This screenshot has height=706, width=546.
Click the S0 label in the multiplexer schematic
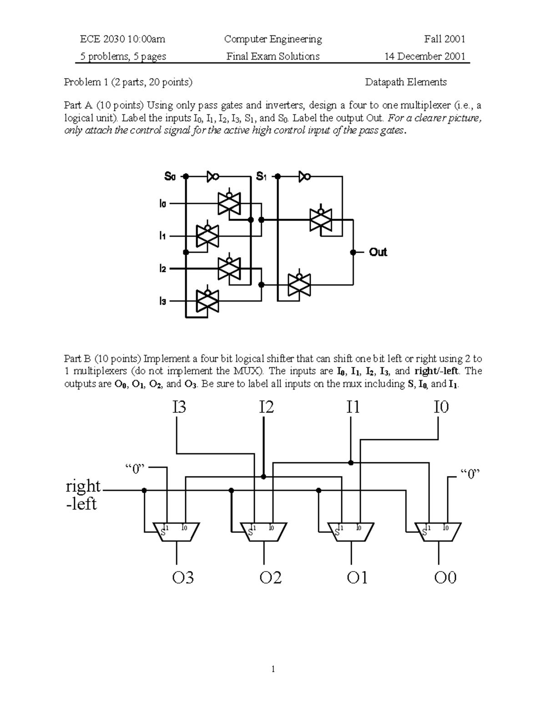(169, 176)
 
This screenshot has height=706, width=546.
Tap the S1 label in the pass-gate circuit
(261, 176)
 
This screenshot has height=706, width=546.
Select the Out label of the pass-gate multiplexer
(378, 252)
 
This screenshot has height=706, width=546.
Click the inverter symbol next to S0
(213, 176)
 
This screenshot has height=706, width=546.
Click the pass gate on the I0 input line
(229, 204)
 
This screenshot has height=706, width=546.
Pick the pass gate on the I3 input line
(207, 300)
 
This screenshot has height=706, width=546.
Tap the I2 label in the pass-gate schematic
(162, 269)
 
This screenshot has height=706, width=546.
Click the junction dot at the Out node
(353, 252)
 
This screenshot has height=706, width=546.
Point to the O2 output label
(270, 578)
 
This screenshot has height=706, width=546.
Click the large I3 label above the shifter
(179, 407)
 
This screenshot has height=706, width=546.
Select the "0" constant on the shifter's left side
(135, 469)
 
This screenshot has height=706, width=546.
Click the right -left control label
(83, 495)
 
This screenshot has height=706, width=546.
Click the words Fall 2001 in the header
(445, 39)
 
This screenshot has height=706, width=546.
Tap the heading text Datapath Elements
(405, 82)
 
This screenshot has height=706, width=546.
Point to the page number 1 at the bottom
(273, 669)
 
